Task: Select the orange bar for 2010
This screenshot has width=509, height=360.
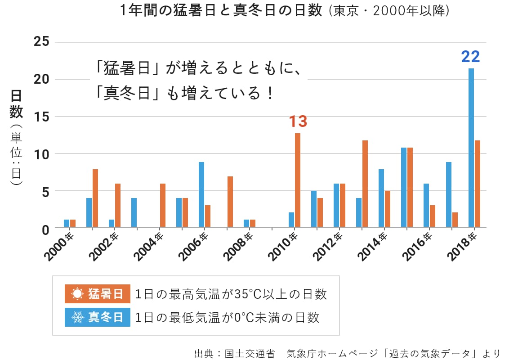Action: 298,180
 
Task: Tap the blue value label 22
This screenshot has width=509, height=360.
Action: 471,57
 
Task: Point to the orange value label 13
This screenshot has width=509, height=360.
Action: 298,121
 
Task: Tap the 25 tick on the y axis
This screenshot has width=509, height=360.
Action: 41,42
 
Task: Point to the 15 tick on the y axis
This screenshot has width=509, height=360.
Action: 41,117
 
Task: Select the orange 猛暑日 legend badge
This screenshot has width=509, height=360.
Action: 98,294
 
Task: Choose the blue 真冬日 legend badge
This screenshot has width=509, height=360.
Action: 98,317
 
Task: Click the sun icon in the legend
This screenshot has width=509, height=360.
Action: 78,294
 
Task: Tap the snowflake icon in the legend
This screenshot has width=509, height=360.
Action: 78,317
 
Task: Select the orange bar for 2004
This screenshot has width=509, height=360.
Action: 163,205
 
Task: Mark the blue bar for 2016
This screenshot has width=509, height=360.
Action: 426,205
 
